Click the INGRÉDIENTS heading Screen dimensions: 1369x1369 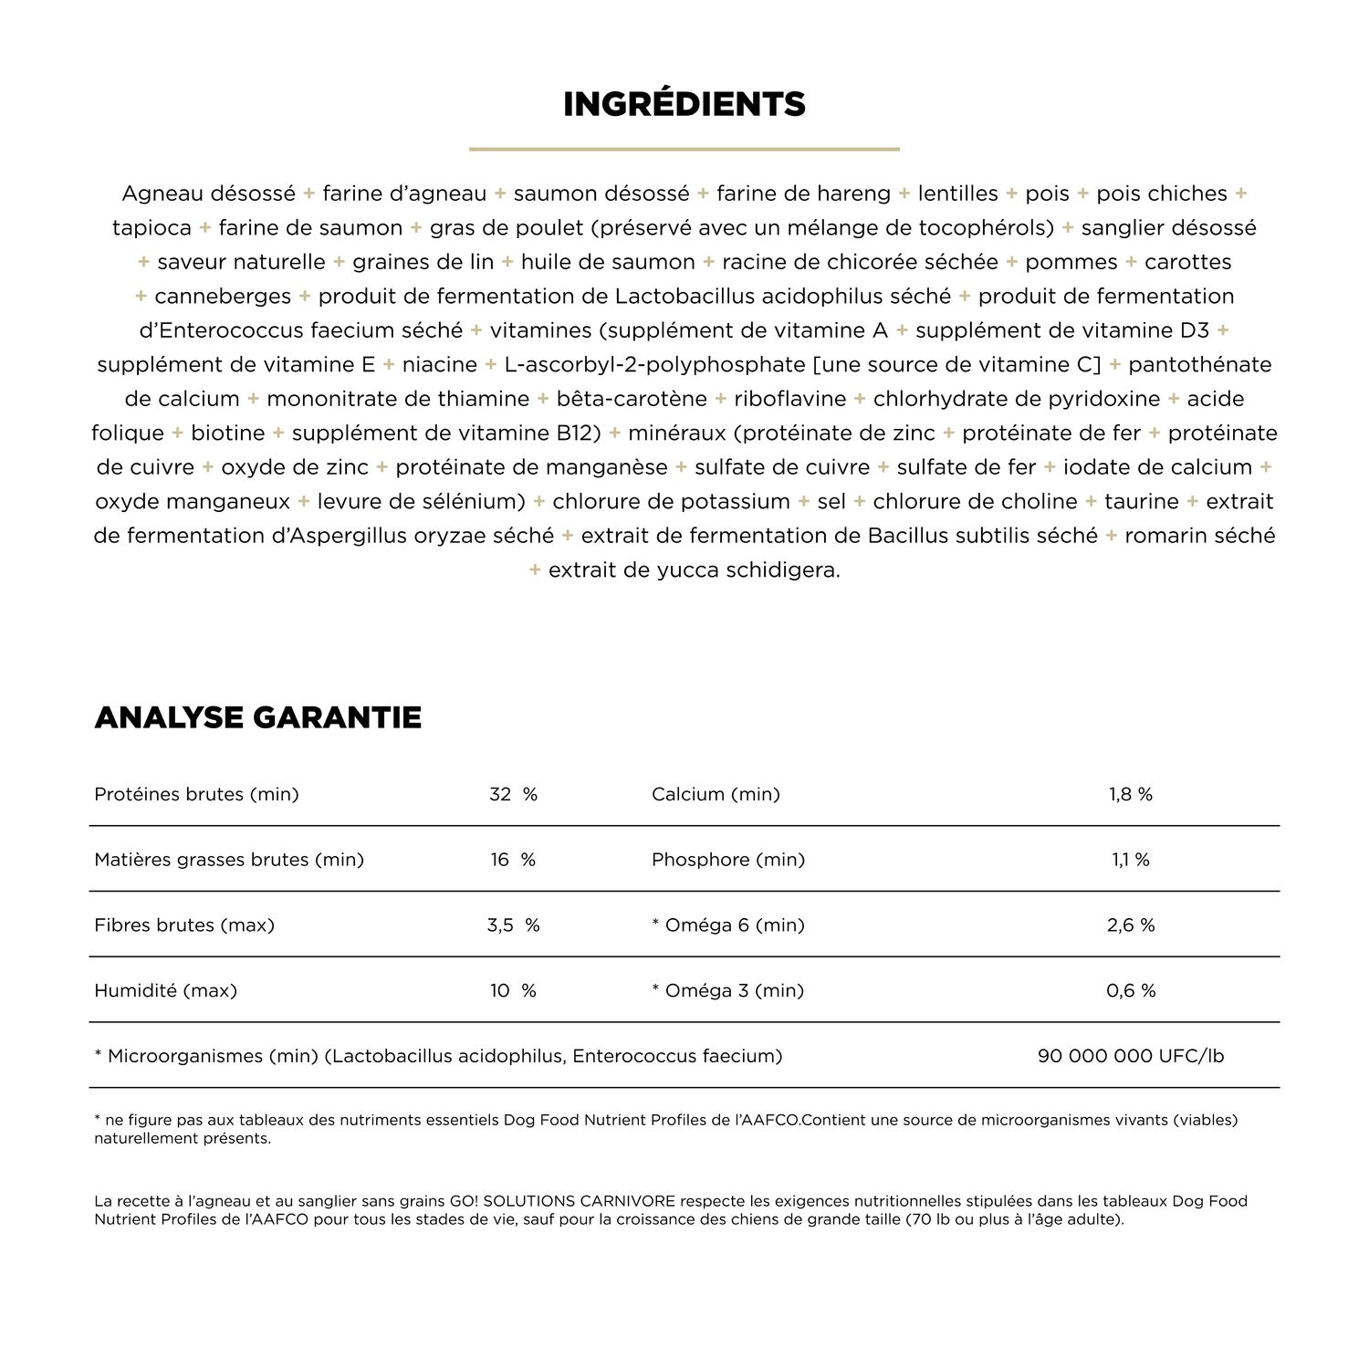click(x=684, y=104)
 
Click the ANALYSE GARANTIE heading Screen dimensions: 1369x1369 click(x=258, y=717)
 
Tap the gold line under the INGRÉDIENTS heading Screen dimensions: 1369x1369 click(x=684, y=149)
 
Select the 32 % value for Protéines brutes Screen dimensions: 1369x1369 click(x=513, y=794)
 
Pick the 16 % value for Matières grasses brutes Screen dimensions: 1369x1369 click(x=513, y=860)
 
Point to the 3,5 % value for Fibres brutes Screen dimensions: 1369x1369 click(x=513, y=925)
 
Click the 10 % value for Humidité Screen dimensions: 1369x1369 click(x=513, y=991)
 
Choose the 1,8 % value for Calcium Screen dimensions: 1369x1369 click(x=1131, y=794)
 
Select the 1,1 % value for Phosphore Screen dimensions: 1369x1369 click(x=1131, y=860)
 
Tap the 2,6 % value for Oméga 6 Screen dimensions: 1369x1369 click(x=1131, y=925)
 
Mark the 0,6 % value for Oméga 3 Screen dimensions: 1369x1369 click(x=1131, y=991)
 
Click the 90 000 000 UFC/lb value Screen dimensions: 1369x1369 click(x=1131, y=1057)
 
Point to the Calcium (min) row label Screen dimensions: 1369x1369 click(x=716, y=794)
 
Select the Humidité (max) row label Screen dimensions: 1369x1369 click(x=165, y=991)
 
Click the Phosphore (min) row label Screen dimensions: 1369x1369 click(x=728, y=860)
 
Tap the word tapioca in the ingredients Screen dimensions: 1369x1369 click(x=152, y=228)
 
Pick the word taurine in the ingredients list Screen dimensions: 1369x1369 click(x=1141, y=502)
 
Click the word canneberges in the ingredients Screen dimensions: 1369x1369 click(x=223, y=297)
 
